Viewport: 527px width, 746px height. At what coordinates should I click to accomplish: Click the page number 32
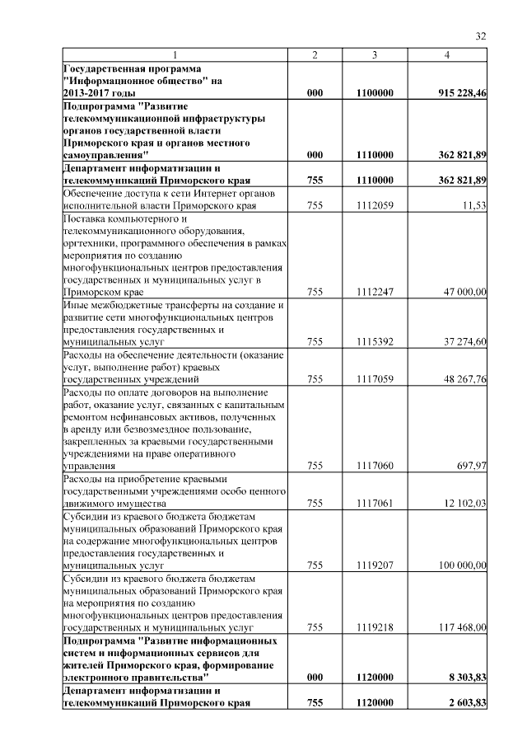click(x=481, y=35)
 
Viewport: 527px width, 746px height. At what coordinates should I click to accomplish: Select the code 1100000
click(x=375, y=94)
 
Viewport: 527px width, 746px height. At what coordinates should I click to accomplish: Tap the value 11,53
click(x=474, y=204)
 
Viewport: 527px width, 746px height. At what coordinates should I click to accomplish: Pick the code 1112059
click(x=375, y=204)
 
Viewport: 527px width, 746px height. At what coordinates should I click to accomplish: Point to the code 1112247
click(x=375, y=292)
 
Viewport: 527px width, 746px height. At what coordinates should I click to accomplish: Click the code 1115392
click(x=375, y=340)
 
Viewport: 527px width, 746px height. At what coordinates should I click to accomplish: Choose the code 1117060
click(x=375, y=466)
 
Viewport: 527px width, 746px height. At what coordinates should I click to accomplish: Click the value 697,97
click(x=471, y=466)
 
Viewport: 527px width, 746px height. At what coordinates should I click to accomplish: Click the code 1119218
click(x=375, y=627)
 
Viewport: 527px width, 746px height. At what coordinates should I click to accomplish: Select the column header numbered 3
click(x=375, y=55)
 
